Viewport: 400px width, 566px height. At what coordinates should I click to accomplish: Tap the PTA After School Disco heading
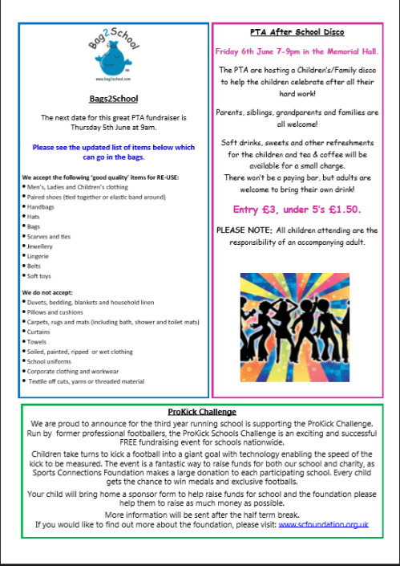[x=297, y=32]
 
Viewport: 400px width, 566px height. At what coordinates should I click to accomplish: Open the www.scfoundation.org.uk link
[x=323, y=523]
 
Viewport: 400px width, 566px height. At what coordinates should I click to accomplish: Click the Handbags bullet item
[x=42, y=206]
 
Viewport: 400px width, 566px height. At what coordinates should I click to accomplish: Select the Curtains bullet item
[x=39, y=331]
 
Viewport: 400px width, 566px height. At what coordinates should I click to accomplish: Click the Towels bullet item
[x=38, y=341]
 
